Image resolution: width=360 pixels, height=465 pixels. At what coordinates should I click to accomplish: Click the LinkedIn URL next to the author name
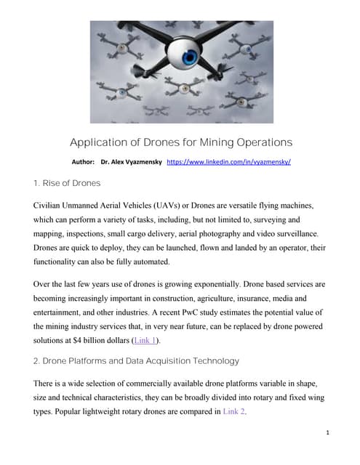pos(229,162)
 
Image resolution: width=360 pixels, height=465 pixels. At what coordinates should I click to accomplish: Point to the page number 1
pos(329,433)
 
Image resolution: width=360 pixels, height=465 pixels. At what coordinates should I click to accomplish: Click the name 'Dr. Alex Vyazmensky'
pos(131,162)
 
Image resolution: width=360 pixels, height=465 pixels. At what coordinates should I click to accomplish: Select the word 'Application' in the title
pos(97,142)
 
